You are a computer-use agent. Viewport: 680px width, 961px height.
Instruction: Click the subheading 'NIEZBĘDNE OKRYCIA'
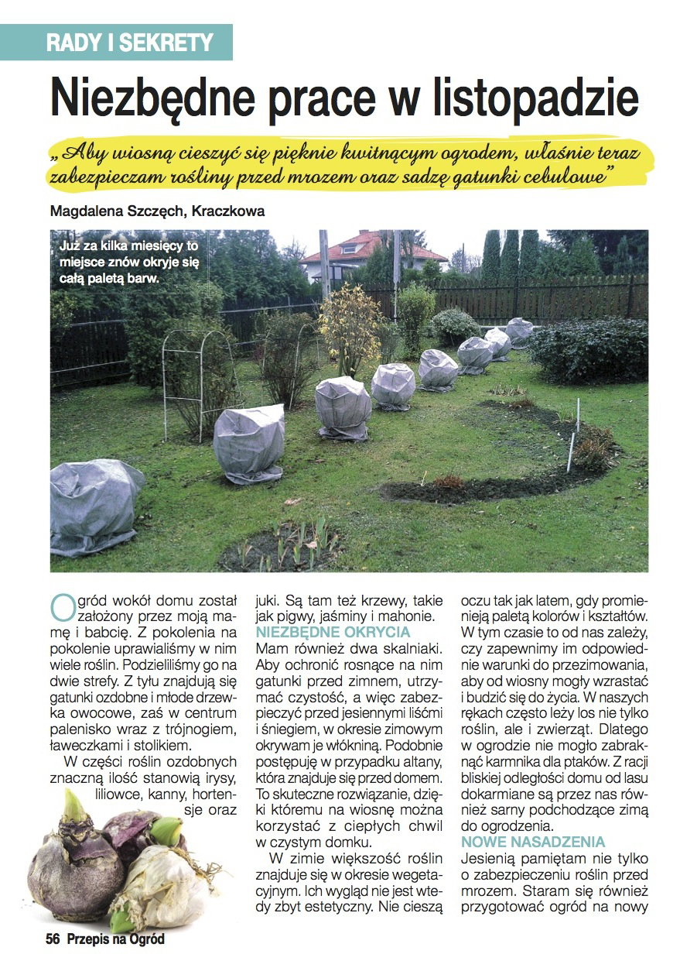click(x=333, y=632)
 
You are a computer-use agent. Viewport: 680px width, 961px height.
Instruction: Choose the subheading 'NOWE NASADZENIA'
click(x=533, y=842)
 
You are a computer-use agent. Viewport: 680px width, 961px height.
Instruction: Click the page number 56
click(x=53, y=939)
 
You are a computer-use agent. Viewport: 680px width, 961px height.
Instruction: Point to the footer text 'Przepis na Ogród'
click(x=116, y=939)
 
